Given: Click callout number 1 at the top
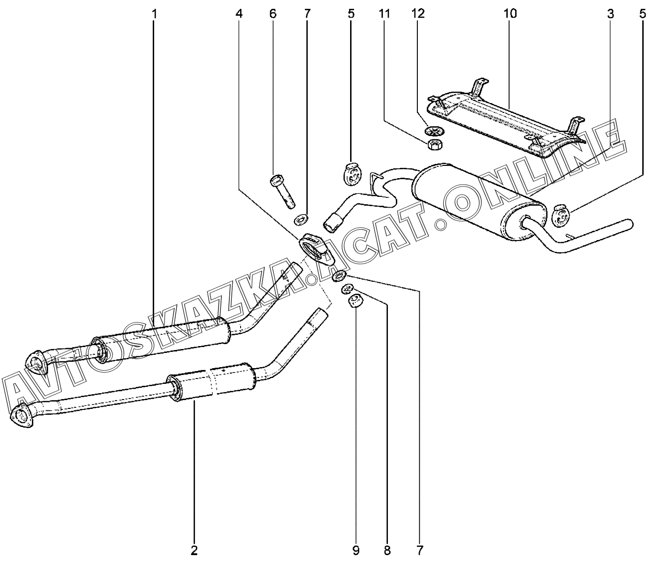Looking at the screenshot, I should click(154, 14).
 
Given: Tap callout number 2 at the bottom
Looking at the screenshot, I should click(194, 550).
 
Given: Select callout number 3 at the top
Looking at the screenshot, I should click(610, 14).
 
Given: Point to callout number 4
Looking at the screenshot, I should click(239, 14).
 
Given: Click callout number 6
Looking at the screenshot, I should click(273, 14).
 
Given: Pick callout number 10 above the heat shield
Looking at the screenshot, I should click(510, 14).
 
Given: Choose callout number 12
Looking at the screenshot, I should click(418, 14).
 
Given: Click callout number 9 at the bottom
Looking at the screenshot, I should click(355, 550).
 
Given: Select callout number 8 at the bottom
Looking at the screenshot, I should click(387, 550).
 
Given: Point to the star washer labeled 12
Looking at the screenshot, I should click(433, 132).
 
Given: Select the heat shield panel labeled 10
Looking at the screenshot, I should click(506, 123).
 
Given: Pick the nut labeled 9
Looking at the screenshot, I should click(355, 300).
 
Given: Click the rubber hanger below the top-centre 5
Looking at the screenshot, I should click(352, 175).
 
